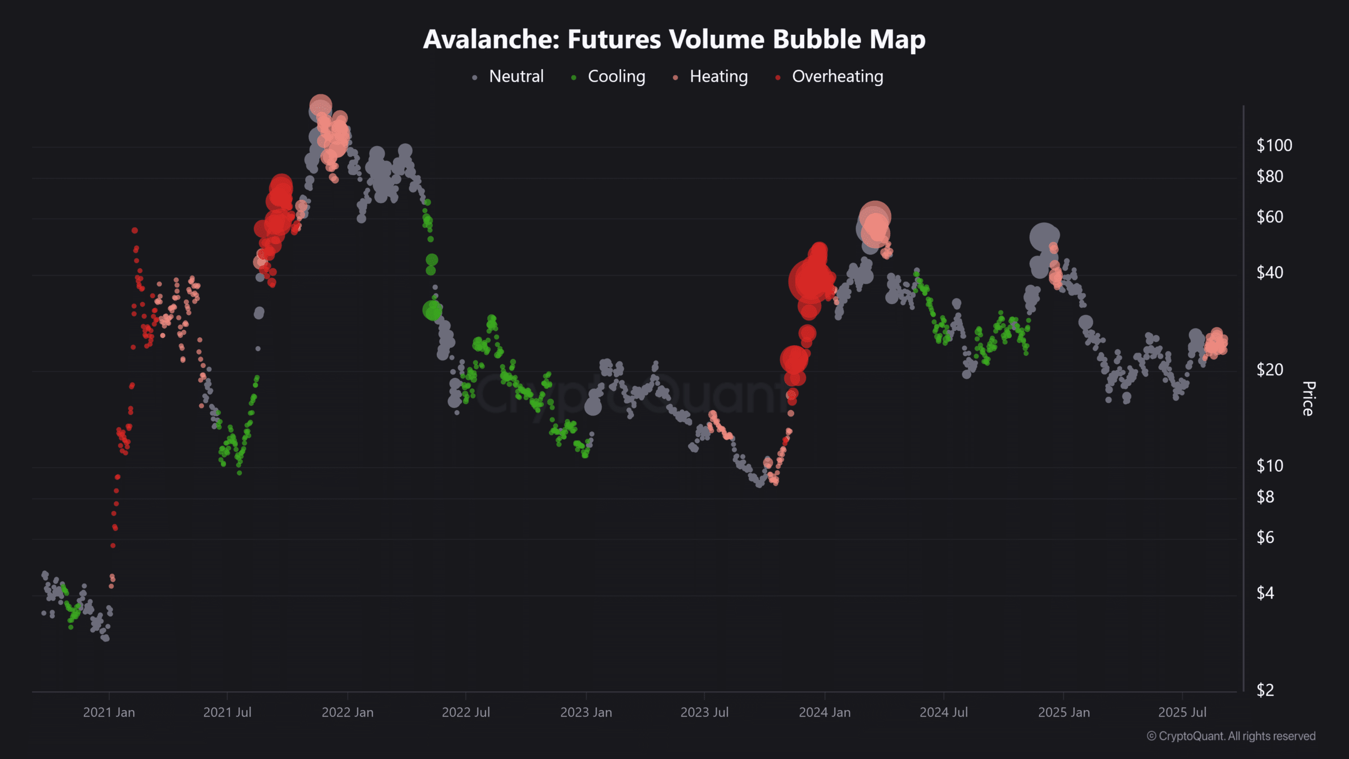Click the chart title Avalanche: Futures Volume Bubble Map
click(674, 40)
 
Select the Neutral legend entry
click(515, 76)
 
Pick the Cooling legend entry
click(615, 76)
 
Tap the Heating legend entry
click(718, 76)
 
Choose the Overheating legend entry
click(837, 76)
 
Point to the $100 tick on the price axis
click(1274, 145)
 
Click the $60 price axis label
click(1269, 217)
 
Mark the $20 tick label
click(1269, 369)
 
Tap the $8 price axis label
click(1265, 497)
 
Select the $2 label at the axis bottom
click(1265, 690)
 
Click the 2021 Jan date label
click(109, 712)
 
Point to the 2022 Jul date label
click(466, 712)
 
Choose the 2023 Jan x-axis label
click(586, 712)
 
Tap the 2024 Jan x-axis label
click(825, 712)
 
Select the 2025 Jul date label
click(1182, 712)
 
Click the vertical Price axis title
click(1308, 398)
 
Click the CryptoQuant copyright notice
click(1231, 736)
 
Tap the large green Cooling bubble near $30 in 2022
click(432, 310)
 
